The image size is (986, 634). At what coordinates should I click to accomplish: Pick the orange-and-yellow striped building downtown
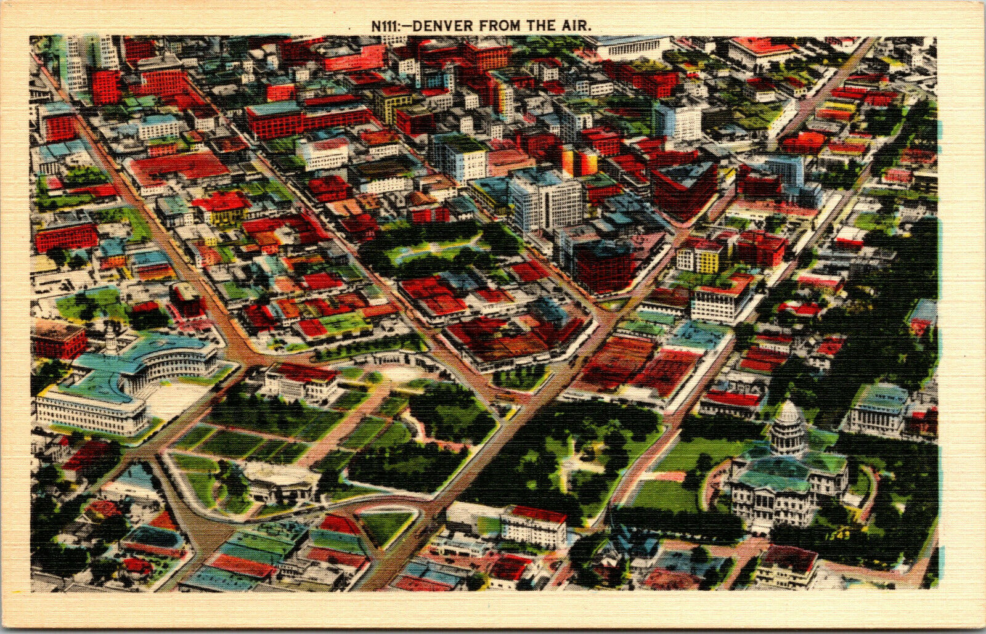[579, 161]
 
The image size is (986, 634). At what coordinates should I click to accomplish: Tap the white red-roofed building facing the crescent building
[302, 382]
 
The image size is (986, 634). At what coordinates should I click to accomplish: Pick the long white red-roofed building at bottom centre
[534, 527]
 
